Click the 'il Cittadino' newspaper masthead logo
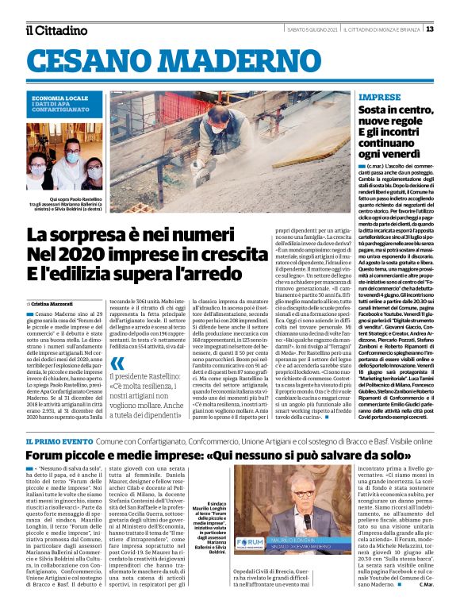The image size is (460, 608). click(56, 30)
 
